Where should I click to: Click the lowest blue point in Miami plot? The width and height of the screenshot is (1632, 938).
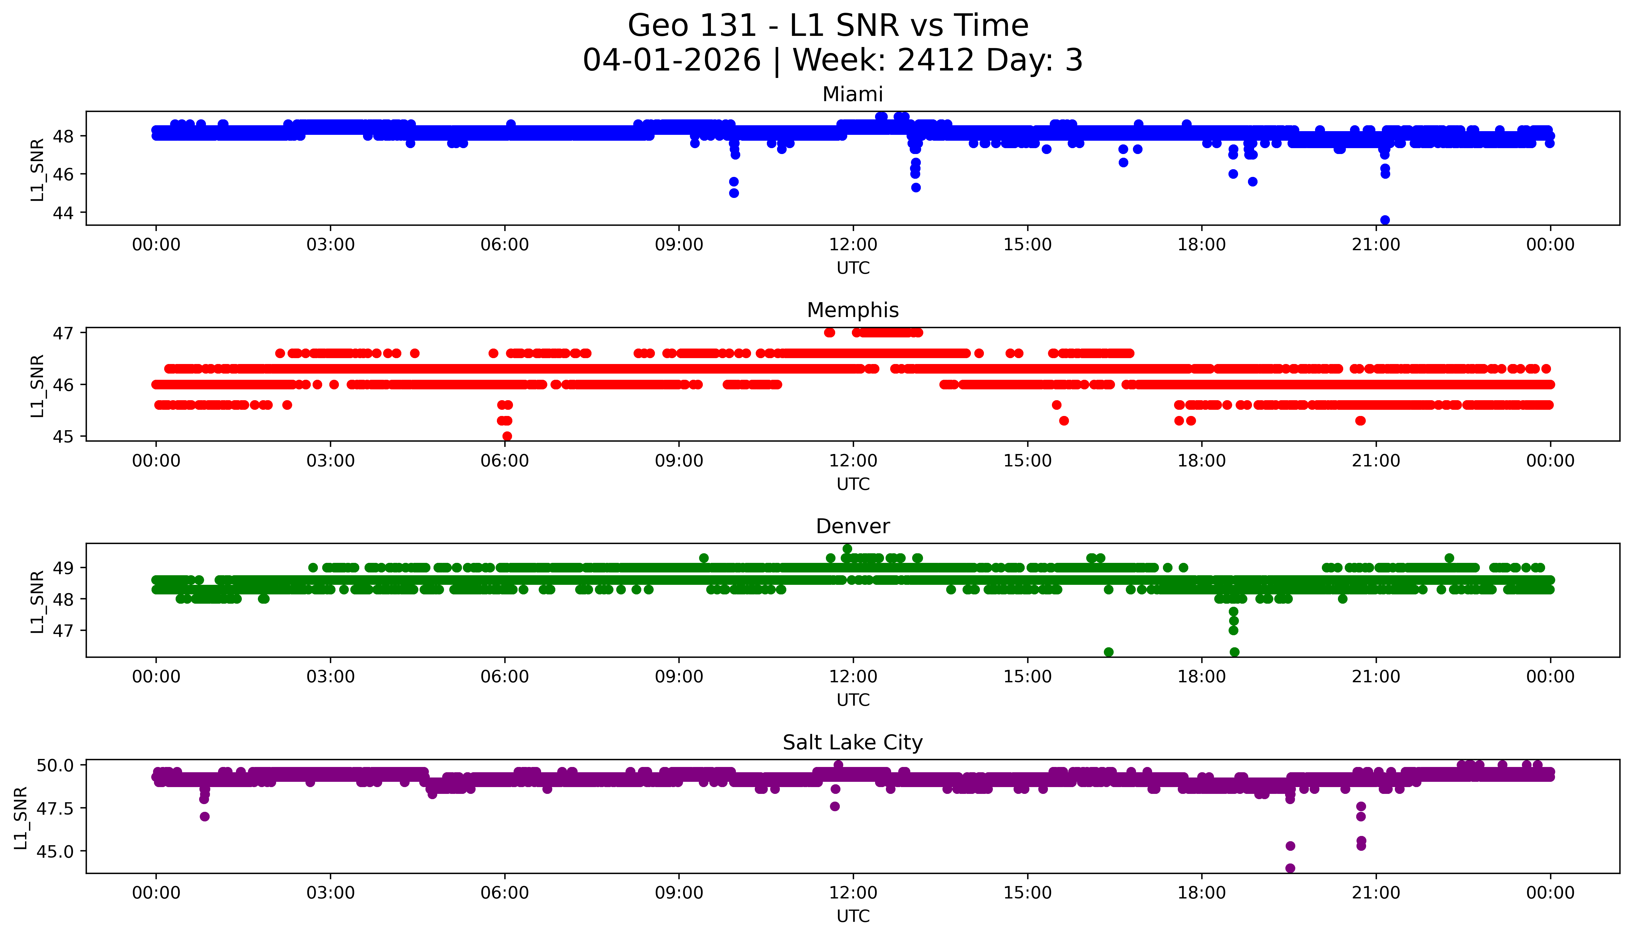1385,220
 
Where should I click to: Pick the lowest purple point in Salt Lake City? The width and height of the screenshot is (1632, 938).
1290,868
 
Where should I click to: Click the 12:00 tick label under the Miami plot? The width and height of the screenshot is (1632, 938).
853,245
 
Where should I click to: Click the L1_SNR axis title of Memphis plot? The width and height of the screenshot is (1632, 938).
37,385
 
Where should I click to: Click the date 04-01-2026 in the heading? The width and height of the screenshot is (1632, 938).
672,61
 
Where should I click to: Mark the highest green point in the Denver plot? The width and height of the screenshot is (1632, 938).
847,549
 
